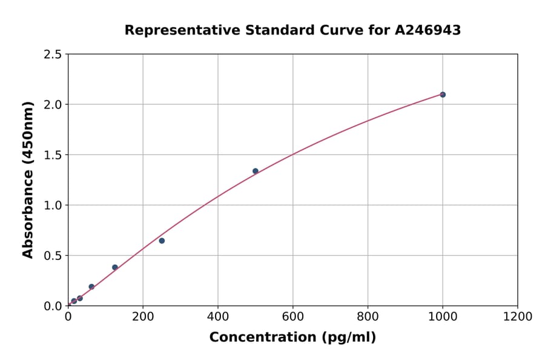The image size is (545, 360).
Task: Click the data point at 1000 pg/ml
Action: pyautogui.click(x=443, y=95)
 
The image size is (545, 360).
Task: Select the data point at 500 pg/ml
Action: pyautogui.click(x=256, y=171)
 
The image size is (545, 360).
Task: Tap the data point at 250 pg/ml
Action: pyautogui.click(x=162, y=241)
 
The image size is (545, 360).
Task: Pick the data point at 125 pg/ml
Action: pyautogui.click(x=115, y=267)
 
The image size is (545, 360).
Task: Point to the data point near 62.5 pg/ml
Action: pyautogui.click(x=91, y=287)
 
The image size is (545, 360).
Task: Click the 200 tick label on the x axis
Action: pyautogui.click(x=143, y=316)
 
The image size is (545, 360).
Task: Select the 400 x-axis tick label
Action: pyautogui.click(x=218, y=316)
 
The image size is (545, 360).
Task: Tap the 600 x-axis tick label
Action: pyautogui.click(x=293, y=316)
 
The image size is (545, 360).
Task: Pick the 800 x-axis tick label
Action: pyautogui.click(x=368, y=316)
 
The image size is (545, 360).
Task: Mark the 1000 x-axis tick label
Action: pyautogui.click(x=443, y=316)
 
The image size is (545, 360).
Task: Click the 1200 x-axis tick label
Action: pyautogui.click(x=518, y=316)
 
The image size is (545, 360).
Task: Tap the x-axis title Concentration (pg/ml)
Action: pyautogui.click(x=292, y=338)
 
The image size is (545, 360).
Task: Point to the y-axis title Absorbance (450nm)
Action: pyautogui.click(x=28, y=179)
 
